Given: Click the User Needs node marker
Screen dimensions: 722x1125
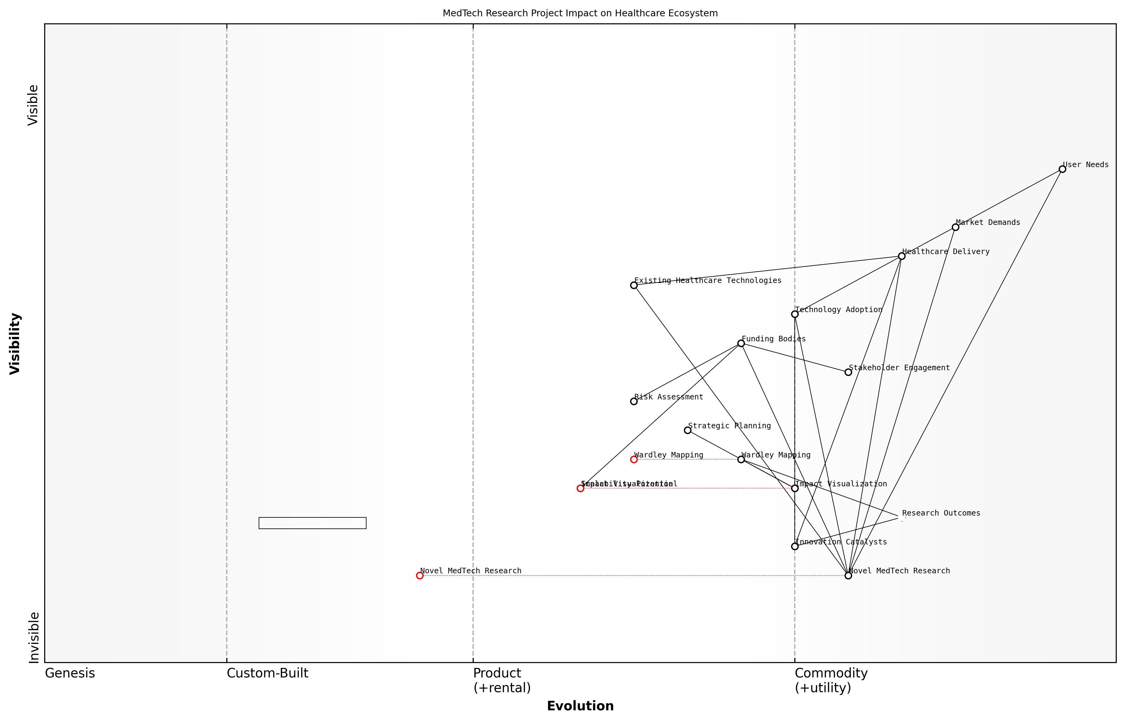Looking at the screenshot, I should pyautogui.click(x=1062, y=169).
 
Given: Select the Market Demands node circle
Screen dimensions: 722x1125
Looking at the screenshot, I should pyautogui.click(x=955, y=227).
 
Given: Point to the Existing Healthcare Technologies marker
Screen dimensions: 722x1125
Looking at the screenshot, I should pyautogui.click(x=634, y=285).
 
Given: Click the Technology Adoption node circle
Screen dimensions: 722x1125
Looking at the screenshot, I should pyautogui.click(x=794, y=314).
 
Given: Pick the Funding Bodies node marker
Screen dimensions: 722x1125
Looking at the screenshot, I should pyautogui.click(x=741, y=343).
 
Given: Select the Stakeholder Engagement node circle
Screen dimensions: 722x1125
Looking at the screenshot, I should pyautogui.click(x=848, y=372).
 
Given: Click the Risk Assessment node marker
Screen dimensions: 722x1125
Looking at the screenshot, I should pyautogui.click(x=634, y=401).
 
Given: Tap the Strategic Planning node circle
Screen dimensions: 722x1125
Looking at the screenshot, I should pyautogui.click(x=688, y=430).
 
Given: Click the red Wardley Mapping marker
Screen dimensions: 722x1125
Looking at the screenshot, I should pyautogui.click(x=634, y=459).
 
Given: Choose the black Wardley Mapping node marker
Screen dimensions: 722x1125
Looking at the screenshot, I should pyautogui.click(x=741, y=459).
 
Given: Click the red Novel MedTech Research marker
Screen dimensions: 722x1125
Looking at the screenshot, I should pyautogui.click(x=420, y=576).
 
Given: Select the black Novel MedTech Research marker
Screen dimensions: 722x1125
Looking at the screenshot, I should pyautogui.click(x=848, y=576).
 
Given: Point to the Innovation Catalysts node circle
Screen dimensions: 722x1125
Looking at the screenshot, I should pyautogui.click(x=794, y=547).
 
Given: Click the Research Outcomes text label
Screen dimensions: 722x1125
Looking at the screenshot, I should pyautogui.click(x=941, y=513).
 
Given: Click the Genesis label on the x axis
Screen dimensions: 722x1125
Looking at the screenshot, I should pyautogui.click(x=70, y=673).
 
